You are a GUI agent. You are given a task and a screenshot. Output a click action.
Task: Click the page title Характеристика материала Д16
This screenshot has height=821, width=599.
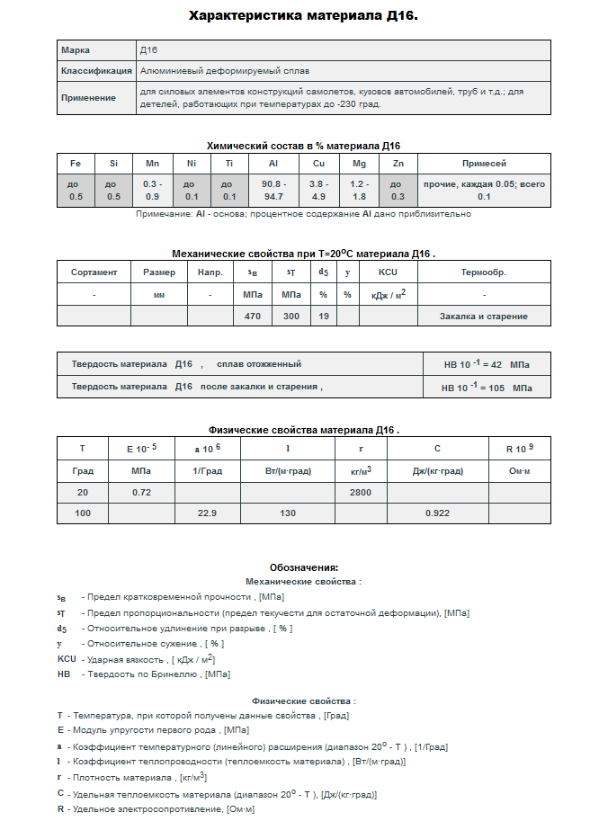pyautogui.click(x=303, y=16)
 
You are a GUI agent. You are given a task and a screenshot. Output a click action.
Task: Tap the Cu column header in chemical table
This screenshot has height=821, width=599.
pyautogui.click(x=318, y=164)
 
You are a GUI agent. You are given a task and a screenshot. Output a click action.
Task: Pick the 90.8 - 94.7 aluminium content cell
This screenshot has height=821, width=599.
pyautogui.click(x=273, y=190)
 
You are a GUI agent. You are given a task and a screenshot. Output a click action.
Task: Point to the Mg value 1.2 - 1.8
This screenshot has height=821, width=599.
pyautogui.click(x=359, y=190)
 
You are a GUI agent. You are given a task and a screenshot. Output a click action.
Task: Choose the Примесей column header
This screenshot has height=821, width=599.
pyautogui.click(x=484, y=164)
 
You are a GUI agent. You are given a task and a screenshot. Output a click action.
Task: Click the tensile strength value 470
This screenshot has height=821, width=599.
pyautogui.click(x=253, y=317)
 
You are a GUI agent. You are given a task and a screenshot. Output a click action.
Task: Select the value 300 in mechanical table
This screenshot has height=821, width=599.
pyautogui.click(x=291, y=317)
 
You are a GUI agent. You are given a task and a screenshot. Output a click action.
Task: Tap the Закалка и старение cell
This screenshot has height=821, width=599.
pyautogui.click(x=484, y=317)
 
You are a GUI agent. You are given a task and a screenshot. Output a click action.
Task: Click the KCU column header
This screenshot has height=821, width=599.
pyautogui.click(x=388, y=272)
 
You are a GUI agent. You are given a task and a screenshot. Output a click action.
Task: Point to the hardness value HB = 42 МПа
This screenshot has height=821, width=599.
pyautogui.click(x=487, y=364)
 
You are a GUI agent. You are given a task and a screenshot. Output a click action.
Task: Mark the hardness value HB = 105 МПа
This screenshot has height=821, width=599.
pyautogui.click(x=487, y=388)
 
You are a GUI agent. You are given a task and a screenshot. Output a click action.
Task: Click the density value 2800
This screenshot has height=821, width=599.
pyautogui.click(x=361, y=493)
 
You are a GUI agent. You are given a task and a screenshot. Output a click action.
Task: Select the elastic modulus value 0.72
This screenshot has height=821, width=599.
pyautogui.click(x=141, y=493)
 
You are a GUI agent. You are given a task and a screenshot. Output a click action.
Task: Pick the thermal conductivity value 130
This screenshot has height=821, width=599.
pyautogui.click(x=288, y=513)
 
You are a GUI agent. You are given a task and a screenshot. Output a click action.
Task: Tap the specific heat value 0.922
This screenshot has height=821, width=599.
pyautogui.click(x=438, y=513)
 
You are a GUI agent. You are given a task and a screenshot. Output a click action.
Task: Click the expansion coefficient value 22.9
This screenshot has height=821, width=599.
pyautogui.click(x=208, y=513)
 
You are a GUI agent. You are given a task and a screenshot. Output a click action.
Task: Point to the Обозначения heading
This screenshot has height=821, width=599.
pyautogui.click(x=304, y=567)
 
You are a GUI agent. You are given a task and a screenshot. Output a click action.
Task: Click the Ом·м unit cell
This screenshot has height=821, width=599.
pyautogui.click(x=519, y=470)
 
